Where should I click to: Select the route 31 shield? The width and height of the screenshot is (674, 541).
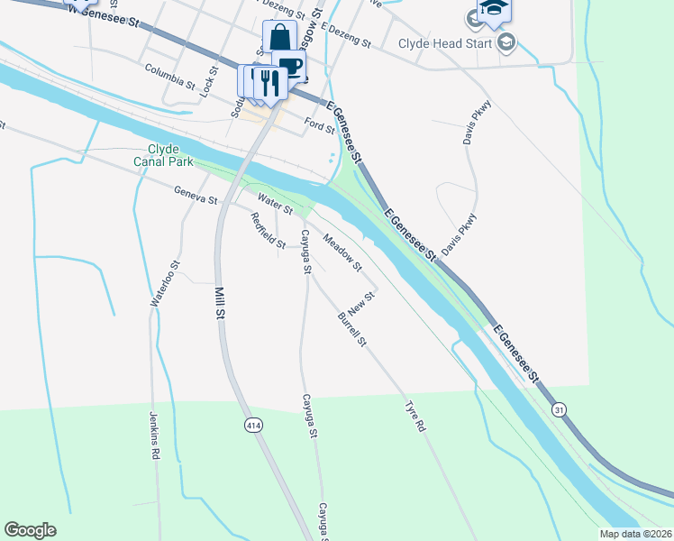pos(560,409)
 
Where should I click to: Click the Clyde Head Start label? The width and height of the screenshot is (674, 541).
pos(445,42)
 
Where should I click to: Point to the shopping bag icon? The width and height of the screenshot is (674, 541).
pos(279,38)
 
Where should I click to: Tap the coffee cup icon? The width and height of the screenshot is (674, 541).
pos(290,66)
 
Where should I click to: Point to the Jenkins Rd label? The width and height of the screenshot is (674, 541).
pos(154,435)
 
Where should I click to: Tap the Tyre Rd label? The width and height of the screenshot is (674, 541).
pos(415,416)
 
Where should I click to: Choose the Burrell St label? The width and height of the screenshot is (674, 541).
pos(352,329)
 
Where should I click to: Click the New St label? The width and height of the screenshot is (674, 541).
pos(361,301)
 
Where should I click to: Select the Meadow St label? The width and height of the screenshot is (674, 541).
pos(342,254)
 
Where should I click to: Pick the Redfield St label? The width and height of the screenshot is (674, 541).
pos(268,230)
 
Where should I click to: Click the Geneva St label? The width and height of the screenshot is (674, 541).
pos(196,194)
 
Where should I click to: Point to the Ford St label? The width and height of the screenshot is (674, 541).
pos(319,123)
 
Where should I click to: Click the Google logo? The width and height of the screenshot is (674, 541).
pos(30,530)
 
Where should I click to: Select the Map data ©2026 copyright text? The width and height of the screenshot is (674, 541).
pos(635,534)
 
